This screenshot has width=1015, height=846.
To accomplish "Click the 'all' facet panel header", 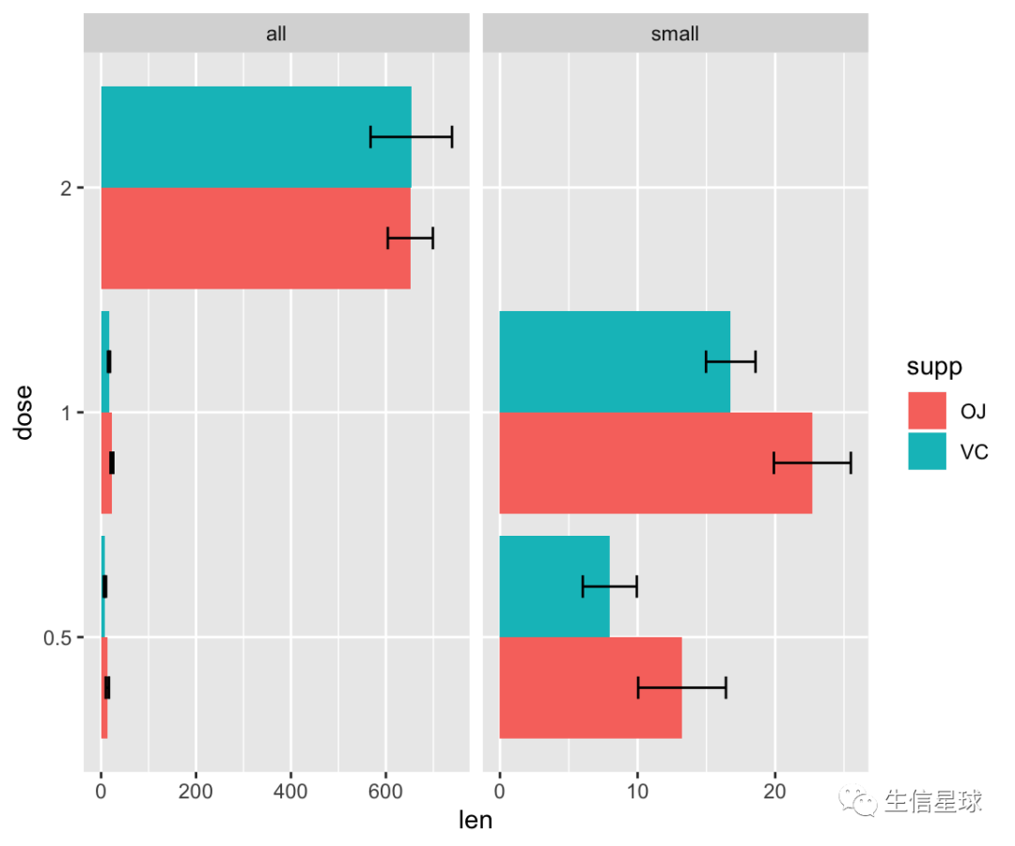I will tap(276, 34).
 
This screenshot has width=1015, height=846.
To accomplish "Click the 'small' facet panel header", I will tap(675, 34).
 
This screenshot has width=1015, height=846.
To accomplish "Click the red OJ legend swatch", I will tap(928, 411).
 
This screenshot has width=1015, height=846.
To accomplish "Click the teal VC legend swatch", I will tap(928, 451).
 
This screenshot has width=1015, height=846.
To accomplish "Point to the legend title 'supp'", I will tap(934, 367).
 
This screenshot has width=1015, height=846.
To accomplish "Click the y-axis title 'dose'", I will tap(23, 412).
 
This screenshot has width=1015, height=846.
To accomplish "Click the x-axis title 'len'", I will tap(475, 821).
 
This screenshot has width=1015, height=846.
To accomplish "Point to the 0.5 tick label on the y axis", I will tap(60, 638).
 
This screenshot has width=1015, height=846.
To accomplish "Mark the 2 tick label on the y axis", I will tap(66, 188).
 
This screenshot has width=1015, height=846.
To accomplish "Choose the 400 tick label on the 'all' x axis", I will tap(290, 792).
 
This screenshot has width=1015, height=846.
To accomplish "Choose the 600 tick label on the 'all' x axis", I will tap(385, 792).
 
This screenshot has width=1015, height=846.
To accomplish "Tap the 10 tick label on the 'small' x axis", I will tap(637, 792).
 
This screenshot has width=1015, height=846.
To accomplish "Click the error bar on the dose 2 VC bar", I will tap(412, 136).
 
